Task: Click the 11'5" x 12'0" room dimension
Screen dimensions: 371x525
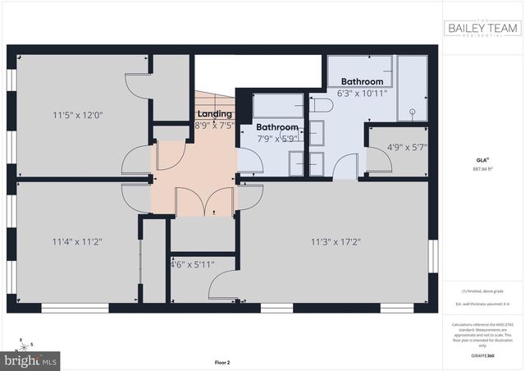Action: pos(77,116)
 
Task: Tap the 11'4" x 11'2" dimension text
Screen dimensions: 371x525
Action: pos(77,241)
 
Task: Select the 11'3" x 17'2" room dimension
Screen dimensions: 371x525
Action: pos(336,241)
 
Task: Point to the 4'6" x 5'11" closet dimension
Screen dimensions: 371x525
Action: pos(191,264)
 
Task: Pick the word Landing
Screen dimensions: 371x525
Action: pos(215,113)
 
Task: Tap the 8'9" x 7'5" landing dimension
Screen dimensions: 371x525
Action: pos(215,125)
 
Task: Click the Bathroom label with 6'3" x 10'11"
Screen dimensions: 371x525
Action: pos(362,81)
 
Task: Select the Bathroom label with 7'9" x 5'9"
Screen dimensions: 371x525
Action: pos(276,127)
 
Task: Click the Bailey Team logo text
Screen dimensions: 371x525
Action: pos(482,27)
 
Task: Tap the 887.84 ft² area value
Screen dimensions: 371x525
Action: pos(482,169)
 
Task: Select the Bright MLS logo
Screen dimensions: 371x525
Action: pos(32,360)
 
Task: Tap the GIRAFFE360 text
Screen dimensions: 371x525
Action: pos(482,355)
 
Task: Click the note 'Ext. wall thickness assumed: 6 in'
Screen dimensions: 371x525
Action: pos(482,305)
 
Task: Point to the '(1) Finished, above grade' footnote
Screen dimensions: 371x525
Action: pos(482,292)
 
